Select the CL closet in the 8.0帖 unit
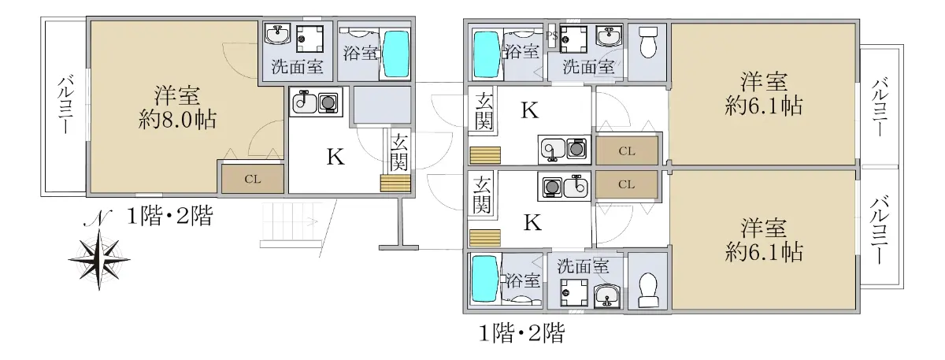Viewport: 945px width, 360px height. (252, 179)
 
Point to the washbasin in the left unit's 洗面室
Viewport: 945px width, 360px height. (277, 36)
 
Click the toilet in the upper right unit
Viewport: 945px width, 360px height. (648, 43)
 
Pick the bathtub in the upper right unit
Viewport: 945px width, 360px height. (484, 51)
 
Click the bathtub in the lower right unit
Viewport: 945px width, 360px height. (484, 280)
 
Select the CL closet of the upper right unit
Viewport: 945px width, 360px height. (627, 150)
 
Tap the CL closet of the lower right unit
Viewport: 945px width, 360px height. (627, 185)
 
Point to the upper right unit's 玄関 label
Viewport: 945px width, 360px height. (484, 112)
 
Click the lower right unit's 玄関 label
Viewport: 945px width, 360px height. (482, 195)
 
